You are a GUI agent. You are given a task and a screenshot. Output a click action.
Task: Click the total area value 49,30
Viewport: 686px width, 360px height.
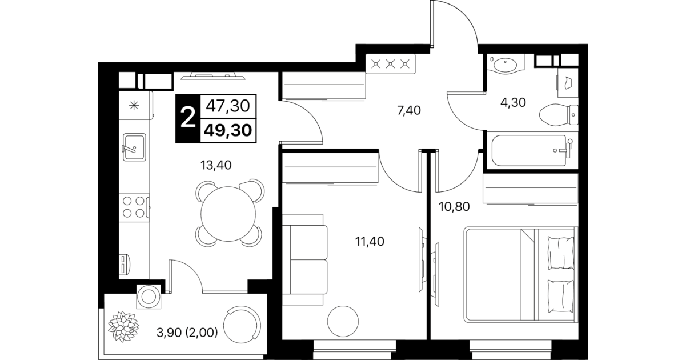click(x=228, y=130)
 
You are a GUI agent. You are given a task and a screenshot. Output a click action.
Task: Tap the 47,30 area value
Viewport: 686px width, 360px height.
click(x=228, y=106)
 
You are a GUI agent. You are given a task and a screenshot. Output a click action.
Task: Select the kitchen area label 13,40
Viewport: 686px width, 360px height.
click(x=216, y=166)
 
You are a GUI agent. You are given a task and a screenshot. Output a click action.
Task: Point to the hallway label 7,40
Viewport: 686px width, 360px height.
click(x=408, y=110)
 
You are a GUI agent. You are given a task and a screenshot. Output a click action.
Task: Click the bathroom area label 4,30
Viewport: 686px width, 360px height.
click(x=513, y=102)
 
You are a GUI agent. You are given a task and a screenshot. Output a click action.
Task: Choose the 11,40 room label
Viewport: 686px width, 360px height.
click(x=370, y=242)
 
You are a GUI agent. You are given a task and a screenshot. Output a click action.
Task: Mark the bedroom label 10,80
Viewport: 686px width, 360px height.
click(x=454, y=207)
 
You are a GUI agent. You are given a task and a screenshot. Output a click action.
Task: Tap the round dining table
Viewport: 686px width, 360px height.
click(x=228, y=214)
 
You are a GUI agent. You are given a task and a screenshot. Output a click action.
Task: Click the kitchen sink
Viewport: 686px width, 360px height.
click(x=134, y=147)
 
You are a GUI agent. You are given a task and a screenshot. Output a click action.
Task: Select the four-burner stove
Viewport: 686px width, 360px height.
click(x=134, y=207)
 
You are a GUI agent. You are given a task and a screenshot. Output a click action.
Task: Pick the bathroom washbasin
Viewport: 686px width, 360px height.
click(x=506, y=65)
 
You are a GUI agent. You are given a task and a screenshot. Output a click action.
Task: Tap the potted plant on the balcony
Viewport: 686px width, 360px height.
click(x=123, y=326)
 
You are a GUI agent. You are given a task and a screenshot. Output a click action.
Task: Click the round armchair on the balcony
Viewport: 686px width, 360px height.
click(x=242, y=325)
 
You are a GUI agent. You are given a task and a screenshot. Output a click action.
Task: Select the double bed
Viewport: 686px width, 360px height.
click(x=520, y=274)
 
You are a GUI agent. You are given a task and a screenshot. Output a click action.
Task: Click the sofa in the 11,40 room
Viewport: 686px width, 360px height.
click(x=304, y=260)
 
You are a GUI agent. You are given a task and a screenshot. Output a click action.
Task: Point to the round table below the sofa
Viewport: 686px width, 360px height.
click(x=343, y=321)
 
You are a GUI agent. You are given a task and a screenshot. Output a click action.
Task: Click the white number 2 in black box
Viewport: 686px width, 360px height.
click(x=188, y=118)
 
